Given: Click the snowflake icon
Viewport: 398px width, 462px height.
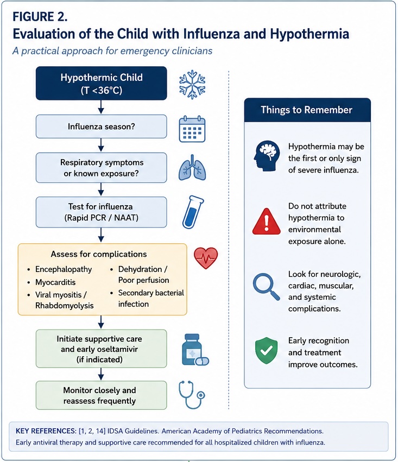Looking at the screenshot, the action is click(x=192, y=84).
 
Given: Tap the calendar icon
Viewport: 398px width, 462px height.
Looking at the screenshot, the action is click(x=192, y=129).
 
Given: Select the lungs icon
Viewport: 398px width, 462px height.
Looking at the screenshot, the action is click(x=192, y=168).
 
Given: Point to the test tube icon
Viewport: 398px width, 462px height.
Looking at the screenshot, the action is click(x=193, y=212).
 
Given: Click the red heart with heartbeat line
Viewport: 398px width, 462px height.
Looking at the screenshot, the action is click(x=206, y=258).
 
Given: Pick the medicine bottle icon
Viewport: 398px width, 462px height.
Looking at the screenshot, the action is click(x=195, y=350).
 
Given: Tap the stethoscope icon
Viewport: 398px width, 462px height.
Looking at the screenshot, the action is click(x=192, y=395).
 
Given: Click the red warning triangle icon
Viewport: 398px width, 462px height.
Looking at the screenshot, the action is click(x=266, y=221).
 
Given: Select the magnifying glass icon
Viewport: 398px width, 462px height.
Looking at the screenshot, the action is click(x=266, y=287).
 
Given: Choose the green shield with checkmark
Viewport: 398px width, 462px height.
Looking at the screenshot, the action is click(x=266, y=350).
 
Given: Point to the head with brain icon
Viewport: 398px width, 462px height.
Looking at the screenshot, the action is click(x=267, y=156).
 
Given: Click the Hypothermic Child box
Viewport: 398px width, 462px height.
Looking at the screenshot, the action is click(x=102, y=84).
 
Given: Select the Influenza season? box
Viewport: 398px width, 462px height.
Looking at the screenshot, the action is click(x=102, y=126).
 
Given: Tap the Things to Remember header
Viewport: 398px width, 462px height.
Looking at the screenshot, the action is click(x=307, y=110).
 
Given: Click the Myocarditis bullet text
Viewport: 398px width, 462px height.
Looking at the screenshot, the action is click(x=55, y=282).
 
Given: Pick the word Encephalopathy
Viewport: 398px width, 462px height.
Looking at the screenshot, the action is click(x=64, y=269).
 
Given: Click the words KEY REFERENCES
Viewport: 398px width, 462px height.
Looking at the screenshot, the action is click(x=46, y=431).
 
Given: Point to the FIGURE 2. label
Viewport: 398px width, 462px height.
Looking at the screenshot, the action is click(x=40, y=17).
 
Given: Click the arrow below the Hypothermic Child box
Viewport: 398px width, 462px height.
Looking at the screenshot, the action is click(x=101, y=106).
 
